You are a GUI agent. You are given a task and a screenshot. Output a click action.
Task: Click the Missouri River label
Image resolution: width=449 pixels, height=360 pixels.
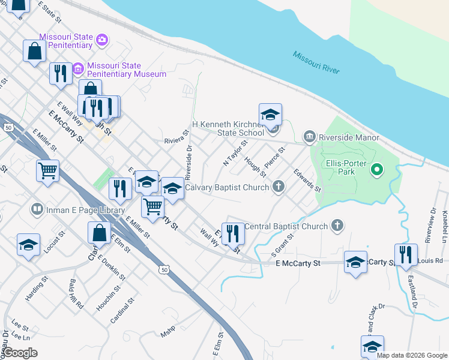316,62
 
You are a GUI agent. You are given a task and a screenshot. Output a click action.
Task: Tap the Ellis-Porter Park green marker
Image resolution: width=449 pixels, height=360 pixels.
377,170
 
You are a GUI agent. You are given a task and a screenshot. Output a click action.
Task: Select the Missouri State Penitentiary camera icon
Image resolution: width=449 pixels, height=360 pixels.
103,40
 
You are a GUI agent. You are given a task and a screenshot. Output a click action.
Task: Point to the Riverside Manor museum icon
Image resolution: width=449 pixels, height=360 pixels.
310,137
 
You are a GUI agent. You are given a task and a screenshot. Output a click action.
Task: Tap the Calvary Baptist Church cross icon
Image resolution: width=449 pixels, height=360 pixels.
278,187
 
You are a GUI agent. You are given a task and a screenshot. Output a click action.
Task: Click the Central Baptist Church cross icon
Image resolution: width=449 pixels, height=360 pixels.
337,226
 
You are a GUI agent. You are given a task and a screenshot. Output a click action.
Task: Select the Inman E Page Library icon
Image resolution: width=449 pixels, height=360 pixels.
37,209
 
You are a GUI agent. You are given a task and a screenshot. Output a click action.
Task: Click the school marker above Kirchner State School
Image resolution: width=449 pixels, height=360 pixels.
270,114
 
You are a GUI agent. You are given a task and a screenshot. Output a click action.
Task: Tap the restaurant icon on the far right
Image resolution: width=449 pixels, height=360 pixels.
406,254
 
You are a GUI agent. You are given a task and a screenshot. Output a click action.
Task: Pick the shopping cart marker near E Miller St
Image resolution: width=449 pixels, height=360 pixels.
153,206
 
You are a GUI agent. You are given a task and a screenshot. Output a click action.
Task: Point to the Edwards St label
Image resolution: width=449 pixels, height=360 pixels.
307,180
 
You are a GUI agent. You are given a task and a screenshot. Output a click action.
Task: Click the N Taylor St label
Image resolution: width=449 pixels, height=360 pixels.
235,154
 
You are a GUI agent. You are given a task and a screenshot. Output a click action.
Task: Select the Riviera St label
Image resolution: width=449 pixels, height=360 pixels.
176,140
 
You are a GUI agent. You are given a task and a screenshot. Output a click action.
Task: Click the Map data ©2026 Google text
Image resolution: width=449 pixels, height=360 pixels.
412,355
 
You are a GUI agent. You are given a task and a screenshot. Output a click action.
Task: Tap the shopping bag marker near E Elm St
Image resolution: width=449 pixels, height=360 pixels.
100,233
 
